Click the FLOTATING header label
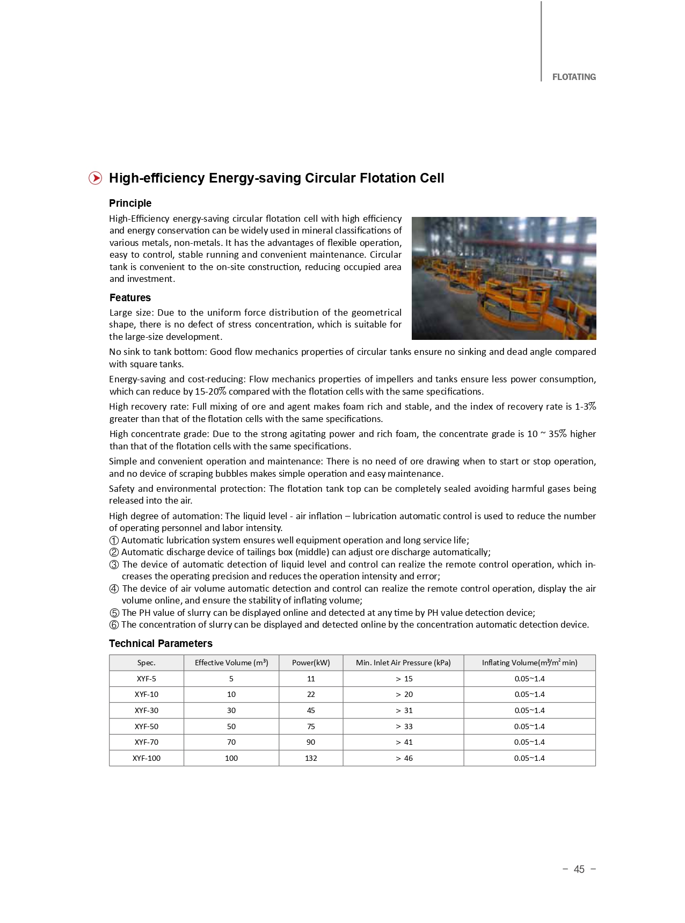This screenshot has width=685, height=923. click(x=573, y=77)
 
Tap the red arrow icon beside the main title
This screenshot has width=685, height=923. click(x=95, y=178)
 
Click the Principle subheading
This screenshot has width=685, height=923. click(x=130, y=203)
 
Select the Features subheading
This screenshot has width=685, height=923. click(x=130, y=297)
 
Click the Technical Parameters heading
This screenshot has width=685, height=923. click(x=161, y=643)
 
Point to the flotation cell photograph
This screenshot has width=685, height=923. click(x=504, y=278)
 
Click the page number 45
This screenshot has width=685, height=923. click(x=579, y=869)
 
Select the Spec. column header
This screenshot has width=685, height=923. click(x=146, y=663)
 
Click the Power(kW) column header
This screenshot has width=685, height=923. click(x=311, y=663)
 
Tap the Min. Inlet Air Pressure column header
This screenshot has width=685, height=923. click(x=403, y=663)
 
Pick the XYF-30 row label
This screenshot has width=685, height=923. click(x=146, y=710)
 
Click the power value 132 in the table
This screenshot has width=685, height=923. click(x=311, y=758)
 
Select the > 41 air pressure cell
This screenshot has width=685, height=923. click(x=404, y=742)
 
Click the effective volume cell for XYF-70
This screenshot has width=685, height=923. click(x=231, y=742)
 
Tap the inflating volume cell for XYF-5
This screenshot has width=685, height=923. click(x=529, y=679)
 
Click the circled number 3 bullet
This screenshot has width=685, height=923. click(x=114, y=565)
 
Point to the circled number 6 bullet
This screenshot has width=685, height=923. click(x=114, y=625)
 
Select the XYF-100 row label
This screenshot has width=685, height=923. click(x=146, y=758)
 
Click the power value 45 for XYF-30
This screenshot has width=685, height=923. click(x=311, y=710)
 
